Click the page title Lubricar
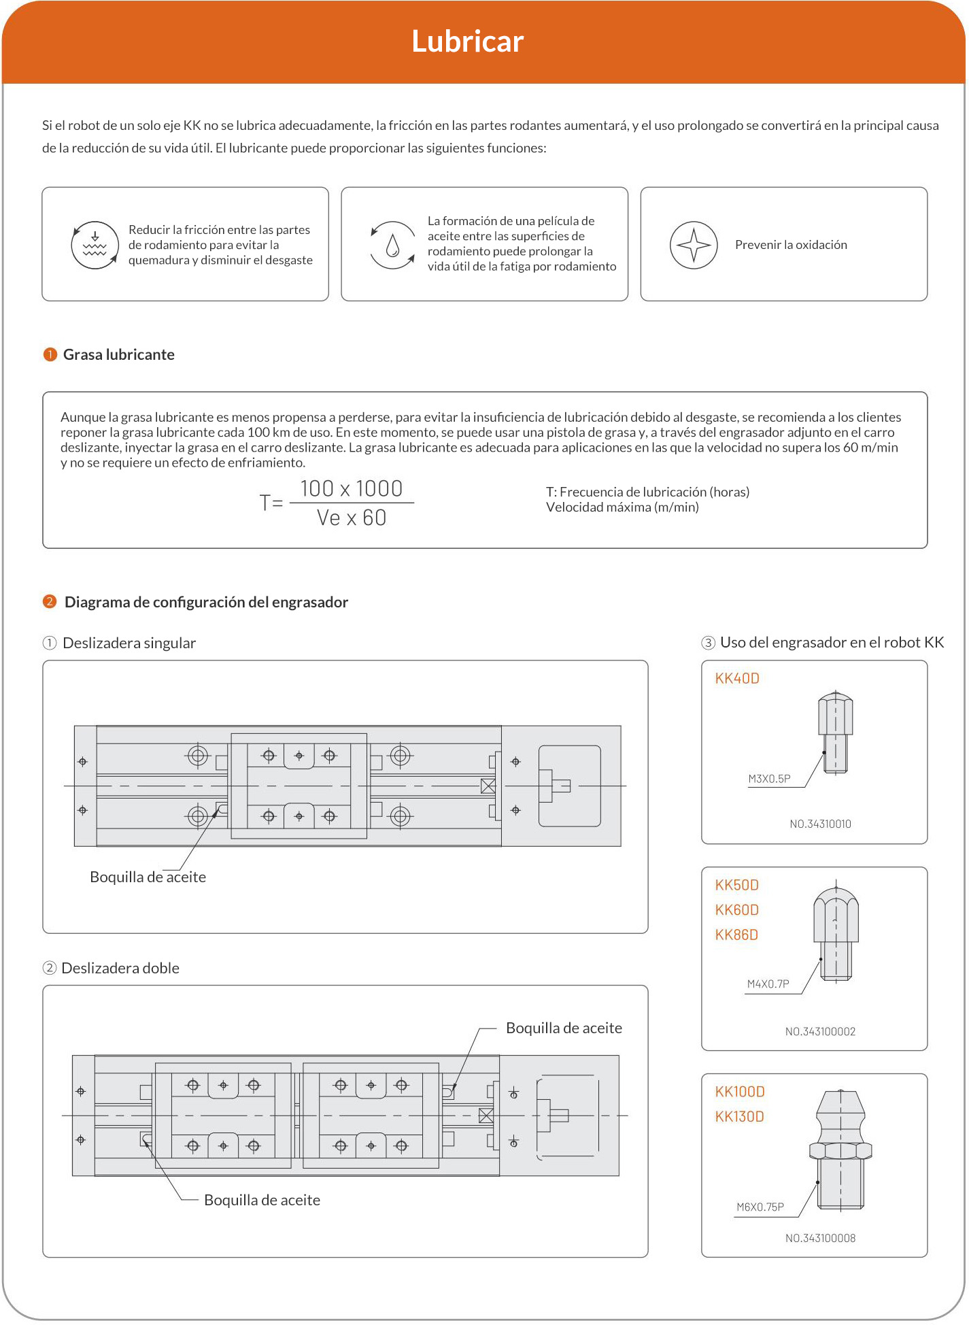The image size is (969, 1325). point(467,41)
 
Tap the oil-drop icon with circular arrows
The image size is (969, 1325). point(392,245)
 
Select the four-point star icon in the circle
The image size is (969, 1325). point(694,245)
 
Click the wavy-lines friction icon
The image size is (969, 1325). point(95,245)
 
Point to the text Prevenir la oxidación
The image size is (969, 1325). point(791,245)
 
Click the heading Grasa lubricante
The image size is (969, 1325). point(118,354)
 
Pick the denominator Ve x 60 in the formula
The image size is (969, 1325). point(352,518)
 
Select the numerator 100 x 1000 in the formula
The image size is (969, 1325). point(352,488)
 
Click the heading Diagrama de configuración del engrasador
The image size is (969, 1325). point(206,602)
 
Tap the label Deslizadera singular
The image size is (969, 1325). point(129,643)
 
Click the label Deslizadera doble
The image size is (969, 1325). point(120,968)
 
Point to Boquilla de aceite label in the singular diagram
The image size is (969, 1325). point(148,877)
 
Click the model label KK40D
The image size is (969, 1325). point(737,678)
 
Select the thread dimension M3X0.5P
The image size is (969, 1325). point(769,779)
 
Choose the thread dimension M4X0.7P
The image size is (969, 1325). point(768,984)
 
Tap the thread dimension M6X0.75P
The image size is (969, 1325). point(760,1207)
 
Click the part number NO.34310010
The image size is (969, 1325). point(820,824)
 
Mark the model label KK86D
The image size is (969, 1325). point(736,935)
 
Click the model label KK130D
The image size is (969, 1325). point(740,1116)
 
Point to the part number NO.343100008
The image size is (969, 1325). point(820,1238)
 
